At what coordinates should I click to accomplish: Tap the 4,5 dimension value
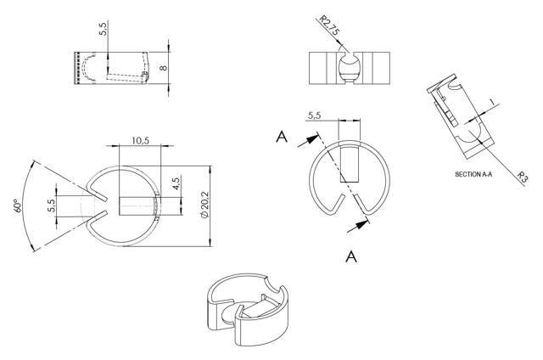coord(176,186)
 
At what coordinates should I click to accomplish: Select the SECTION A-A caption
coord(478,173)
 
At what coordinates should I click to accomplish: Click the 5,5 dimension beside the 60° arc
coord(51,205)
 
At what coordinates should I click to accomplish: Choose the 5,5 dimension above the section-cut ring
coord(315,115)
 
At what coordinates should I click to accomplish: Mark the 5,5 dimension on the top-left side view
coord(104,29)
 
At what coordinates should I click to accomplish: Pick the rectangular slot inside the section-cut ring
coord(350,168)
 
